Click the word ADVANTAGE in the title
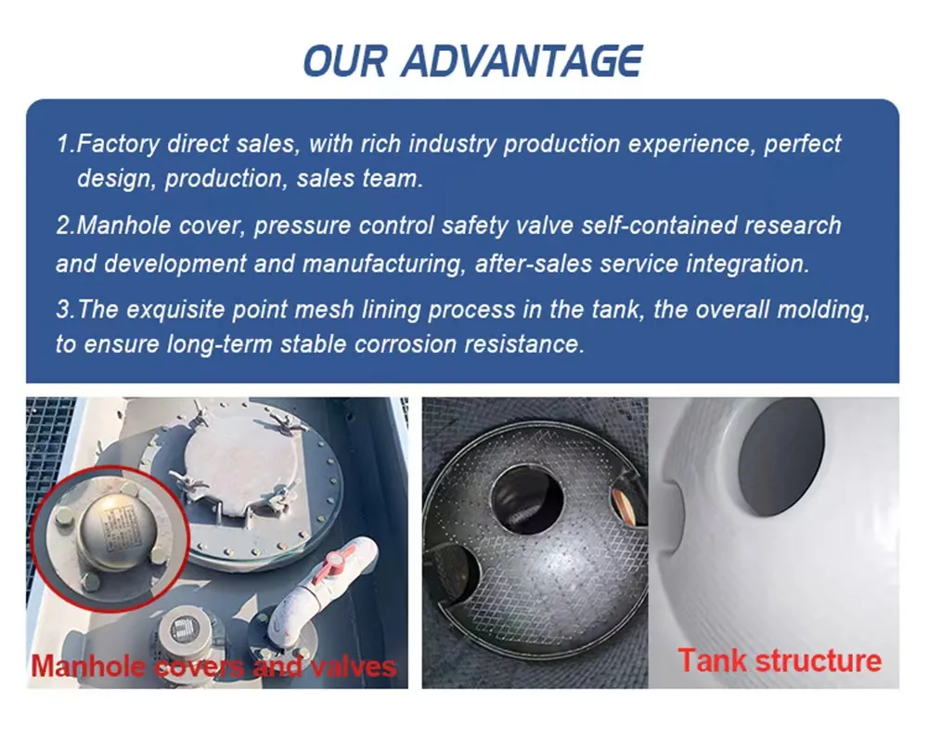point(522,60)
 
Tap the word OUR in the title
point(345,60)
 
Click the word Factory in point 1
point(119,144)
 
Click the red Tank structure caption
point(780,661)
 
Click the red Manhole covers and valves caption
point(213,667)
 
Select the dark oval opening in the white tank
point(781,456)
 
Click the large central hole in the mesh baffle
point(527,499)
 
